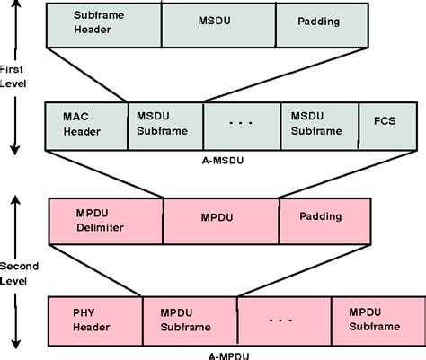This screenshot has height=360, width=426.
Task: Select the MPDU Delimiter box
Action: pos(104,221)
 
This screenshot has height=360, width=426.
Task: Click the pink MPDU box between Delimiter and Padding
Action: pos(220,221)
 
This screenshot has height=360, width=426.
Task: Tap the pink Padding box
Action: pos(323,221)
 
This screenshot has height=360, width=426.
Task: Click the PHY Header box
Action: pos(94,320)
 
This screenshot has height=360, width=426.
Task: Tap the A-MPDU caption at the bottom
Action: pos(221,353)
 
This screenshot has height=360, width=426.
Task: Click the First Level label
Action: pos(15,78)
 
